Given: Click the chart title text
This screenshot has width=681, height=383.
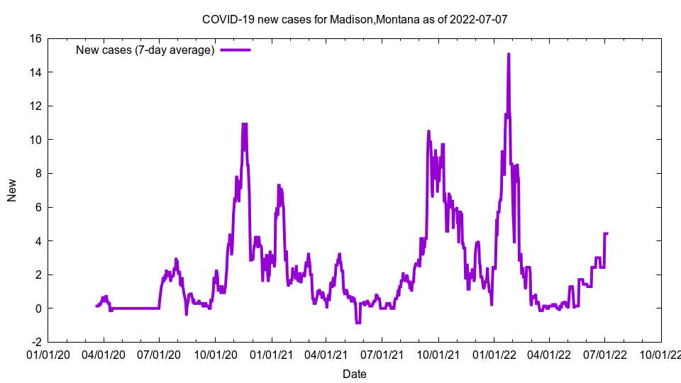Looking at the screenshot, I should click(x=355, y=19).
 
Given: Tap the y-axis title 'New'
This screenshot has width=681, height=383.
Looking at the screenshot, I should click(x=12, y=190).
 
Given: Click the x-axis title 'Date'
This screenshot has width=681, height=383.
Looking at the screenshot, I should click(x=355, y=374).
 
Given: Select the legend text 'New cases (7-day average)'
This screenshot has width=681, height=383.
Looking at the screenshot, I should click(x=145, y=50).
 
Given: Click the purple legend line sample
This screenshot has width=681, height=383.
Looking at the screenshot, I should click(x=236, y=50).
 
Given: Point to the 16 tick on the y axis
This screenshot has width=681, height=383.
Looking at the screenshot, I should click(x=35, y=38).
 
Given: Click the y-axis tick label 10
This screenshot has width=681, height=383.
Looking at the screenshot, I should click(x=35, y=140).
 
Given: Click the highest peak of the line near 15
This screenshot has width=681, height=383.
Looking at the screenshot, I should click(x=509, y=54).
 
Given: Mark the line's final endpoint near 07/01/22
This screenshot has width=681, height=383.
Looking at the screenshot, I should click(x=607, y=233).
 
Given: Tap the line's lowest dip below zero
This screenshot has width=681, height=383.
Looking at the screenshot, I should click(x=358, y=323).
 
